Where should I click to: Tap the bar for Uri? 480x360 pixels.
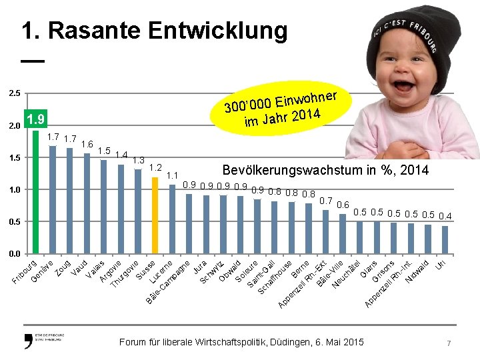[x=445, y=240]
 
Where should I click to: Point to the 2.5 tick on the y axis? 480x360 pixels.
[x=14, y=93]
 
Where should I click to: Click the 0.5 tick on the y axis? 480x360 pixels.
[x=14, y=221]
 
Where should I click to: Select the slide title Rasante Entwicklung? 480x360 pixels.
[x=155, y=31]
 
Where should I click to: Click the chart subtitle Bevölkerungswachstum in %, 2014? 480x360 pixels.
[x=325, y=171]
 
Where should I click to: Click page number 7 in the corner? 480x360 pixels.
[x=449, y=343]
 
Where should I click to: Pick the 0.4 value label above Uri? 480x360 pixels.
[x=445, y=216]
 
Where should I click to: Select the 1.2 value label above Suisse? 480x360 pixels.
[x=155, y=167]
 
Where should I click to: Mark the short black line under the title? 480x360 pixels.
[x=33, y=61]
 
